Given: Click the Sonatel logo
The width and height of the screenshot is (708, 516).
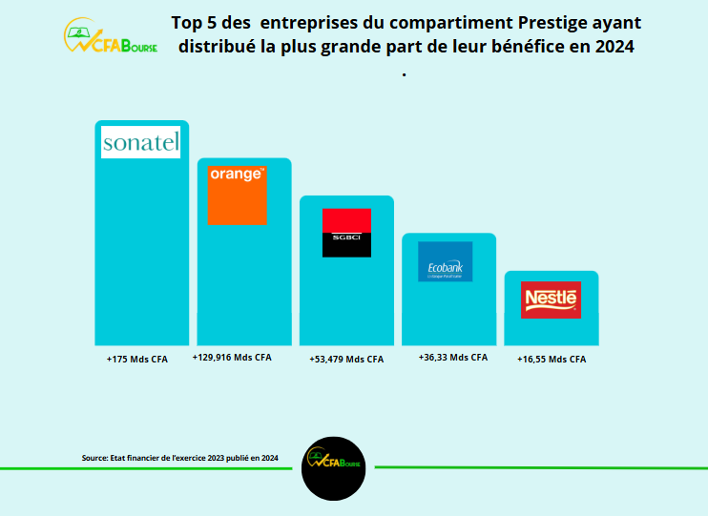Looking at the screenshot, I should (140, 143).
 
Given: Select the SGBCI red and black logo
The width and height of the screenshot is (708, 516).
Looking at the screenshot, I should (346, 233).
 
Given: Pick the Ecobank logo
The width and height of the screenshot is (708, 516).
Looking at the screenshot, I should (445, 261).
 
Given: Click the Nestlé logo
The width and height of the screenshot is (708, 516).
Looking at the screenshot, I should (552, 299).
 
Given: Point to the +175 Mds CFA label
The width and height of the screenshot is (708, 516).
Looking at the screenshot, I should (136, 360).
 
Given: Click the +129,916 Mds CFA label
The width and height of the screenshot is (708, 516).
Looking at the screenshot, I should (232, 358).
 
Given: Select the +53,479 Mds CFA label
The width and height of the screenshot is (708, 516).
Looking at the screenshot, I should (346, 360).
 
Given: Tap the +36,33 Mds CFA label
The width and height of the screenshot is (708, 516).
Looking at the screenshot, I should (453, 358).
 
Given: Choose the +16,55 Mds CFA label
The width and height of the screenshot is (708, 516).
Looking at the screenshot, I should (552, 360).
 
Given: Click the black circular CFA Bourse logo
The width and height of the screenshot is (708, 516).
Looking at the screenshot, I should (334, 468).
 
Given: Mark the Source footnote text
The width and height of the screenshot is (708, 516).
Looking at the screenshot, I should (179, 459).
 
